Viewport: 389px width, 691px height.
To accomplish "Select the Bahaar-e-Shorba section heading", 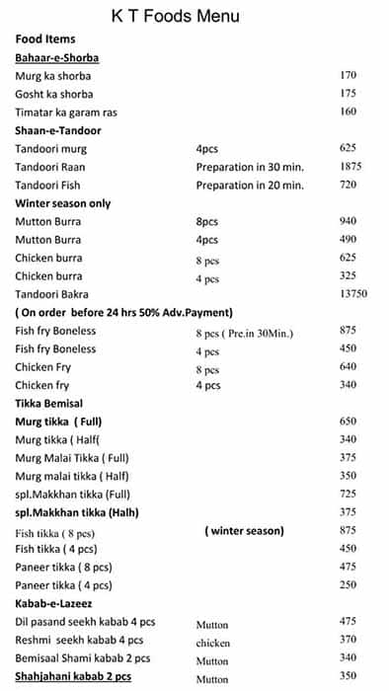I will (56, 57).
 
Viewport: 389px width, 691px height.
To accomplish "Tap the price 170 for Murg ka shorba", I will (348, 76).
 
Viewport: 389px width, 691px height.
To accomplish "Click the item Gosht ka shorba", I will (54, 94).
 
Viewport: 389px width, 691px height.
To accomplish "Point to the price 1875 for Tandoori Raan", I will (350, 167).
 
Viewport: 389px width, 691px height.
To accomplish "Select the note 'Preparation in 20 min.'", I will (250, 185).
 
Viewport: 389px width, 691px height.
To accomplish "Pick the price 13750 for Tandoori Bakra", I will (352, 294).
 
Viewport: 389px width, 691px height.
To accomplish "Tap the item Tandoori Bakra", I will (51, 294).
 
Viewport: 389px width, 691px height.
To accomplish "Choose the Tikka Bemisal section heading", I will (49, 403).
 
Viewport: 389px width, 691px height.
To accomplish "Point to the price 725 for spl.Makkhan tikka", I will (348, 493).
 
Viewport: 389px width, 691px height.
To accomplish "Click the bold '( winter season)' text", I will (244, 530).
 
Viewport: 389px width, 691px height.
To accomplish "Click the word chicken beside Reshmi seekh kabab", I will (213, 643).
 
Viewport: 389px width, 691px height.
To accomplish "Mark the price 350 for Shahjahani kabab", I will (348, 677).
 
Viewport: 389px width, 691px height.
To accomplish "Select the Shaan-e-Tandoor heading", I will (58, 130).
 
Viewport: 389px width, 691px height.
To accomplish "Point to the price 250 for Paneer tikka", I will (348, 584).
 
